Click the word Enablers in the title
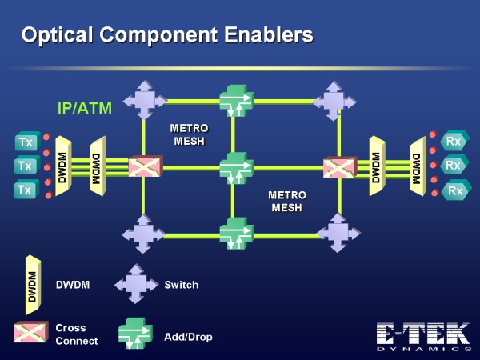[x=269, y=34]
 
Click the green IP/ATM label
[x=85, y=108]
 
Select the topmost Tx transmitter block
[x=27, y=141]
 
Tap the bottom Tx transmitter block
[x=26, y=189]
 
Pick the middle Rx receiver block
[x=454, y=166]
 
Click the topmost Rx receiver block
[x=454, y=141]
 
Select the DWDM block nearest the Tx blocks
[x=63, y=167]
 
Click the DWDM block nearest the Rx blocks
[x=418, y=166]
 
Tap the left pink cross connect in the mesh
[x=146, y=166]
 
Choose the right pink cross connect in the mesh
[x=340, y=167]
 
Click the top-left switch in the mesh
[x=145, y=100]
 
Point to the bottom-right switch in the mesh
[x=338, y=234]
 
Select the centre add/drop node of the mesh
[x=236, y=168]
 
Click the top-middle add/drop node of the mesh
[x=236, y=101]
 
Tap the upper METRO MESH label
[x=189, y=134]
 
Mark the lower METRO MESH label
[x=287, y=201]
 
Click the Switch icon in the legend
[x=136, y=284]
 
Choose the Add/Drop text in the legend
[x=188, y=337]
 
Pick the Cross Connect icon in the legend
[x=31, y=331]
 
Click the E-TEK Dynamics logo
[x=424, y=337]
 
